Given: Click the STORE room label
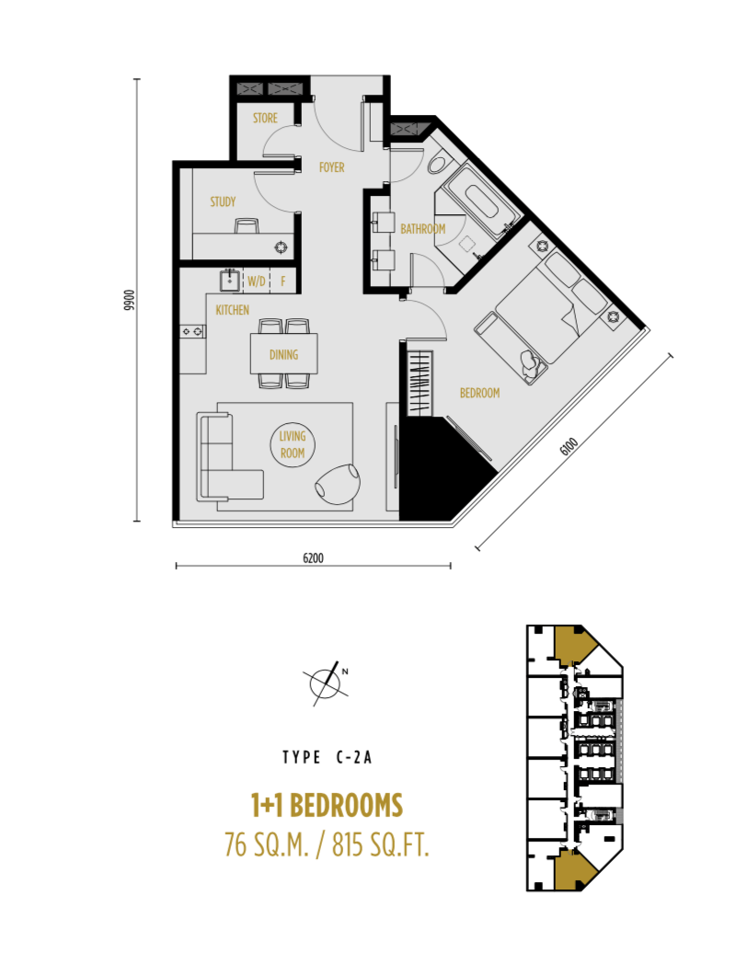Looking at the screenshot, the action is click(x=265, y=118).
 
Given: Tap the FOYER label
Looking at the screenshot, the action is click(x=331, y=167).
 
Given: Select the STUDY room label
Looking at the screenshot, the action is click(x=223, y=201).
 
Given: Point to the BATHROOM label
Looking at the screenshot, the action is click(x=423, y=229).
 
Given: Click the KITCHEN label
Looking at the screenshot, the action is click(x=232, y=310).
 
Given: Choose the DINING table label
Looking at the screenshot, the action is click(x=283, y=354).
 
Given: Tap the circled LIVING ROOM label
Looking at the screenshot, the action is click(x=293, y=444).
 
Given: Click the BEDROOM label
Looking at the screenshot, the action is click(x=479, y=393).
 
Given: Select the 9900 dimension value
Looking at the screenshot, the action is click(x=129, y=300).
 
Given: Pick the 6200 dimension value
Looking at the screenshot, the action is click(x=313, y=557).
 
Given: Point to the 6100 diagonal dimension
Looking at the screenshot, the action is click(x=569, y=446).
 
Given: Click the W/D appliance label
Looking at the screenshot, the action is click(x=257, y=281).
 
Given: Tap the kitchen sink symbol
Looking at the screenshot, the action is click(x=230, y=281).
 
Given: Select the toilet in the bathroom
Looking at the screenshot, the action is click(x=439, y=164).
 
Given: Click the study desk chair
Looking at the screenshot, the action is click(x=247, y=225).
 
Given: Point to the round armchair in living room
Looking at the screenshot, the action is click(x=338, y=483).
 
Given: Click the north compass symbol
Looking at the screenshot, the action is click(x=326, y=682).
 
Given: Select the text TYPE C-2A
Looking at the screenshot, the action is click(x=328, y=757).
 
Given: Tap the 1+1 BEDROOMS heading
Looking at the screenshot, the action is click(x=327, y=805).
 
